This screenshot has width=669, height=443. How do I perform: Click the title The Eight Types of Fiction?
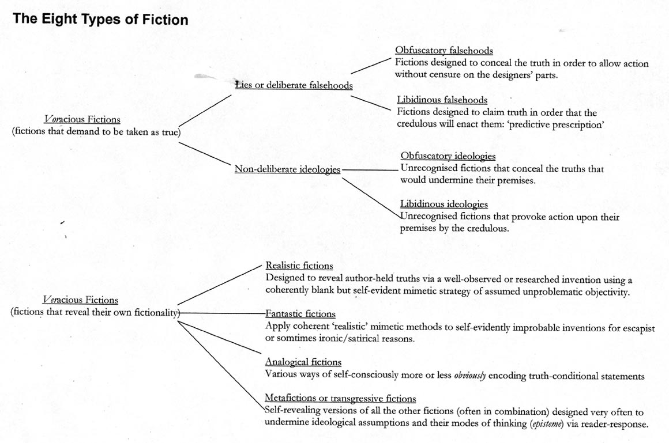(100, 20)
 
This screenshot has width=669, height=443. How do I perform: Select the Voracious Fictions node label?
(82, 119)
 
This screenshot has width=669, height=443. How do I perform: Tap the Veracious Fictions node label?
(81, 300)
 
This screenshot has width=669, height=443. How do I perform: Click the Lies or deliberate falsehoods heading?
(294, 85)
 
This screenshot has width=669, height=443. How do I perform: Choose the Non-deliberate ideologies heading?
(287, 169)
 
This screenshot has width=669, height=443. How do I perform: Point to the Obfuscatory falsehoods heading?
(444, 51)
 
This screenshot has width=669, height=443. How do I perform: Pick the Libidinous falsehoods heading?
(442, 100)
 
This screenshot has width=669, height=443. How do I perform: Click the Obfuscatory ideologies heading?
(448, 156)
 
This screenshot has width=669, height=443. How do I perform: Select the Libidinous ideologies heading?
(444, 204)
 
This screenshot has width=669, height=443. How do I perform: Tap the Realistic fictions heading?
(299, 266)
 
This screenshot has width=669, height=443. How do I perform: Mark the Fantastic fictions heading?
(300, 314)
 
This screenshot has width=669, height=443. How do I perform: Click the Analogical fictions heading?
(303, 362)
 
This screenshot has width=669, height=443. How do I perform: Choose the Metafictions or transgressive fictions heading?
(340, 398)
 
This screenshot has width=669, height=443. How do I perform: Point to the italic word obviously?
(471, 376)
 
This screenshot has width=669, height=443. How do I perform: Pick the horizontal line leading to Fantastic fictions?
(222, 313)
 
